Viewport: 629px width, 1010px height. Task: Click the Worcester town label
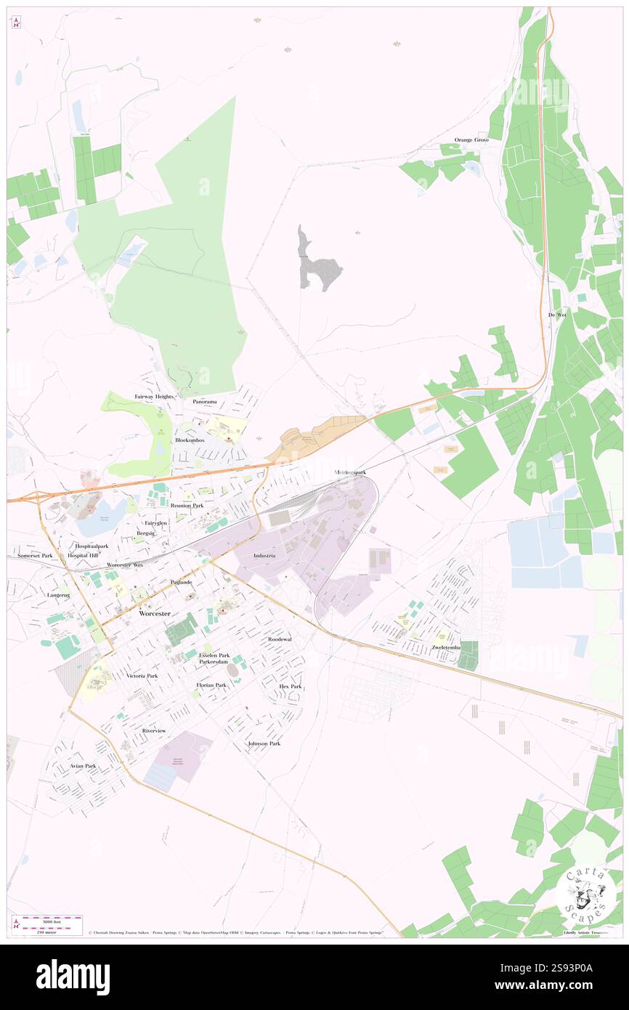(154, 613)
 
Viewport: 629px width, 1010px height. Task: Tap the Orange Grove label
(471, 140)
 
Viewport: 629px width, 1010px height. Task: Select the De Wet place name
(556, 315)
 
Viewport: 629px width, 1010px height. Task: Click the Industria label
(264, 555)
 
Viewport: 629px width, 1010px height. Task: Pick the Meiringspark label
(350, 472)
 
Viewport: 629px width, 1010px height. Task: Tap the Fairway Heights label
(154, 397)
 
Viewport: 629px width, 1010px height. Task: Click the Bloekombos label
(190, 440)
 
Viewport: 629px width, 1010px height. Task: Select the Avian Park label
(82, 766)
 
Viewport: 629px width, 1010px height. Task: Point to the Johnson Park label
(264, 743)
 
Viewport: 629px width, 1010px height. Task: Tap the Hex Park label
(290, 686)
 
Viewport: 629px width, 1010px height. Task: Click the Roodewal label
(279, 639)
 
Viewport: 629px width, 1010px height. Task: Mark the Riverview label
(154, 730)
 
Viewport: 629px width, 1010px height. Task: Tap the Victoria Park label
(142, 676)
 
